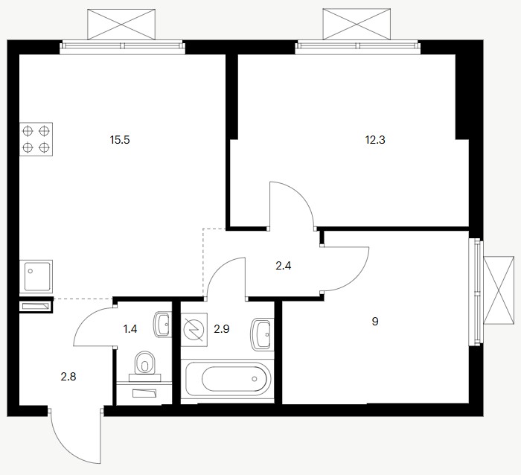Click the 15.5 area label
point(120,140)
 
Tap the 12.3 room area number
point(375,140)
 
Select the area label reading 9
point(375,322)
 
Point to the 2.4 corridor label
point(284,266)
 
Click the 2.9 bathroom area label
point(222,329)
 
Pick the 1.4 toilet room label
point(130,329)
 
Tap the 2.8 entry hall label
point(68,377)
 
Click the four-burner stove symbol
point(36,139)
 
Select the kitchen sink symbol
point(36,276)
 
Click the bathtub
point(228,379)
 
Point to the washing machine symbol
point(194,330)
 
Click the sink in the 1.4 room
point(162,324)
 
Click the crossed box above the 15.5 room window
point(121,25)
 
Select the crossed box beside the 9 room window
point(499,290)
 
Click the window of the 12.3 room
point(357,46)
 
